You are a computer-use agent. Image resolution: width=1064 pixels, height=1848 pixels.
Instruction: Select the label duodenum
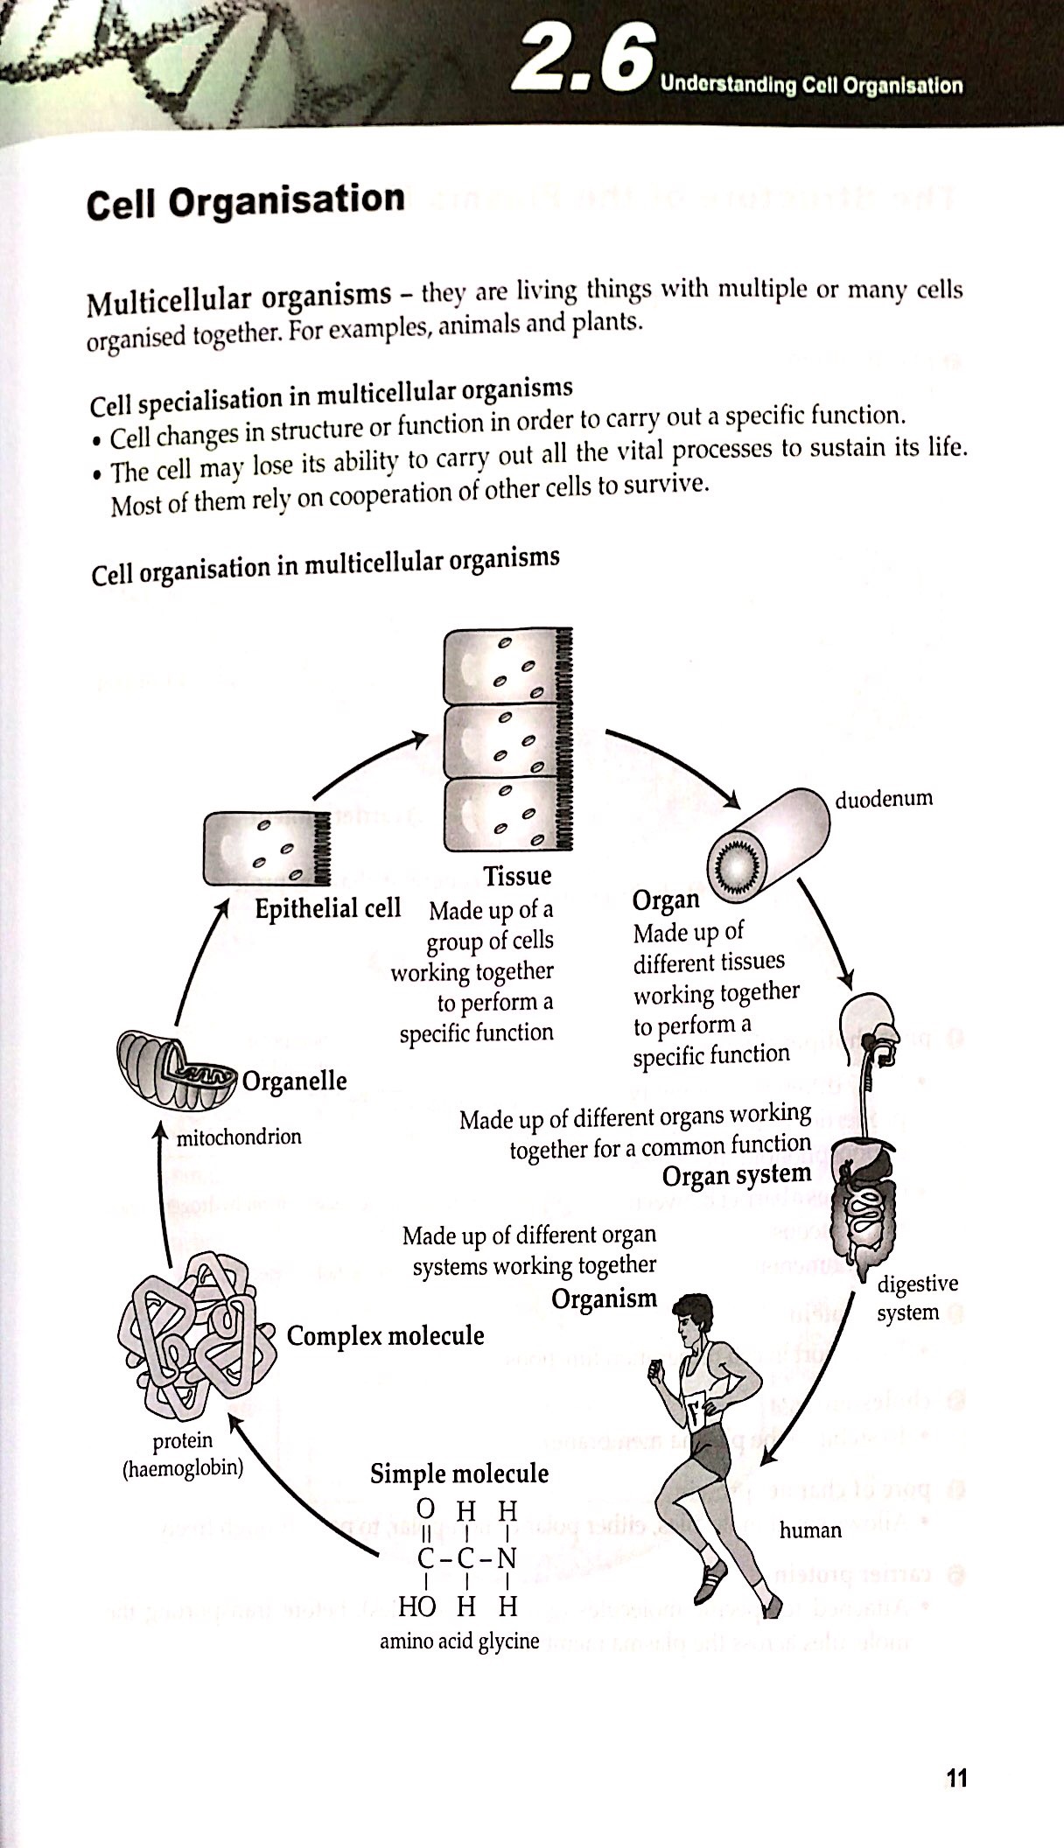click(x=883, y=799)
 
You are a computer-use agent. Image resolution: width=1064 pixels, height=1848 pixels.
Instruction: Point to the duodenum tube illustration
click(x=766, y=846)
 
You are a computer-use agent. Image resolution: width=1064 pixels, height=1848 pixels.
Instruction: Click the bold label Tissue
click(x=517, y=876)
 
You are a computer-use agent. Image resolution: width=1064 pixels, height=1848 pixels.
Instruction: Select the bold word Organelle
click(x=294, y=1081)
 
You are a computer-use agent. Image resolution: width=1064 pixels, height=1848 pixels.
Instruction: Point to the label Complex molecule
click(x=385, y=1336)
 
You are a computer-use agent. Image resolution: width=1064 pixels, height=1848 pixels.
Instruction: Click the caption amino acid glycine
click(x=459, y=1641)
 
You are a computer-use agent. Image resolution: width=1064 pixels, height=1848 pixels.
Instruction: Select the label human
click(x=810, y=1530)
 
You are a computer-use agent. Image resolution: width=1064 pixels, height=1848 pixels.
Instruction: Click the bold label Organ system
click(x=736, y=1175)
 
